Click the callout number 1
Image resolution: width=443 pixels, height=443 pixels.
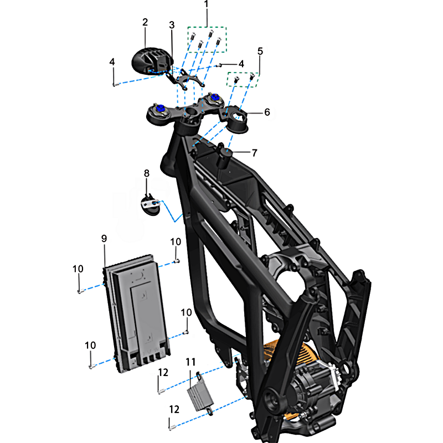pos(206,4)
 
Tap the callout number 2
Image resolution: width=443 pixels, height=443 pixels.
pos(145,22)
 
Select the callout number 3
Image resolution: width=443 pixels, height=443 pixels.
pos(172,25)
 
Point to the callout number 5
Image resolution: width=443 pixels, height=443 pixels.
pos(260,51)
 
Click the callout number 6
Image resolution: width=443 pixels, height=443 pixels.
pos(267,112)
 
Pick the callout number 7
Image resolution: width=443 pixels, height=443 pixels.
pos(255,153)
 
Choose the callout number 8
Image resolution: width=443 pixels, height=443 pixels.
pos(147,173)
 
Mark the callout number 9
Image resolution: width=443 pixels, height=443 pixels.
pos(104,239)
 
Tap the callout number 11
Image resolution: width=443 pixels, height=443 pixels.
pos(190,362)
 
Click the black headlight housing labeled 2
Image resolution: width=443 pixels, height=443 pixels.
pos(152,61)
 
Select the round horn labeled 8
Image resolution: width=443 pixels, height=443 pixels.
pos(151,205)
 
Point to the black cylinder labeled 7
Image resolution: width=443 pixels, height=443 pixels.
pos(224,159)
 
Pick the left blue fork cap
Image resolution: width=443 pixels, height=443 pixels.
pos(161,108)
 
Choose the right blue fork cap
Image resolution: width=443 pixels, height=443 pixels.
pos(214,97)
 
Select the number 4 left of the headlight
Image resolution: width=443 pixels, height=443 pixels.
pos(112,62)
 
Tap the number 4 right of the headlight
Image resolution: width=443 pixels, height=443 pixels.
pos(241,64)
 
